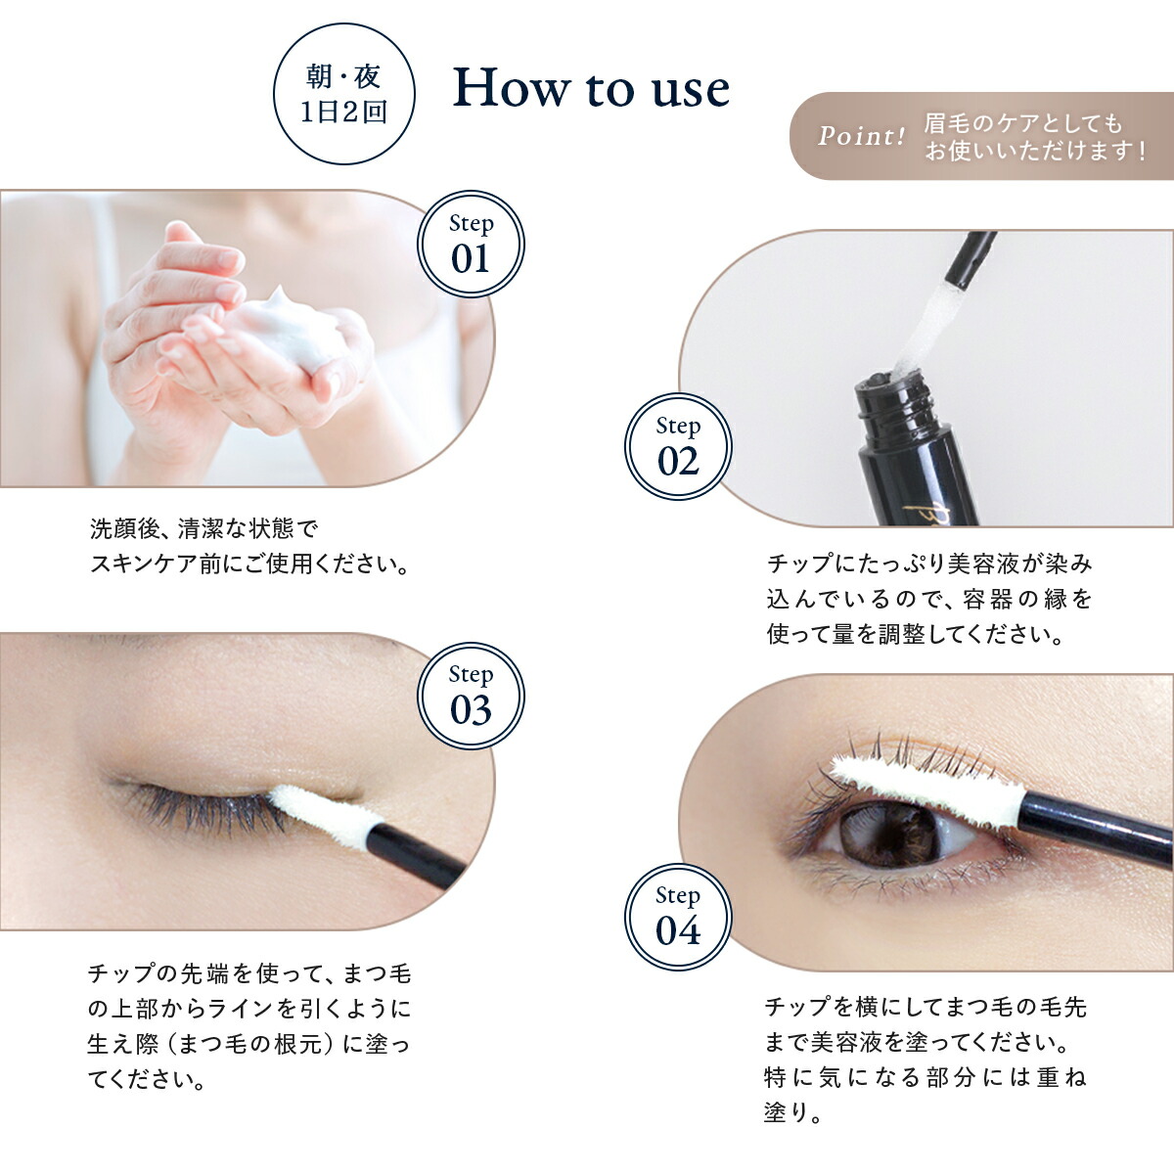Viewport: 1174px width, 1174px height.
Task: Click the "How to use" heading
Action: coord(590,89)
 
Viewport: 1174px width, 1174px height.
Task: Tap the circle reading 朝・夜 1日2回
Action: coord(344,94)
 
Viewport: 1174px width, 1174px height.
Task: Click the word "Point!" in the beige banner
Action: coord(862,136)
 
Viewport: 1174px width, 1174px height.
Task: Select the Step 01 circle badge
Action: coord(471,244)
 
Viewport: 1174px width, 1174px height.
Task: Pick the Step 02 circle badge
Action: coord(678,446)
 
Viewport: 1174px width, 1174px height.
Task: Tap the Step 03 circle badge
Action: coord(471,696)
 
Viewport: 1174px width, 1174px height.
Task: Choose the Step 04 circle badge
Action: coord(678,917)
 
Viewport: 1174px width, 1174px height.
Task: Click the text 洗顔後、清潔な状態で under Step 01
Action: coord(204,528)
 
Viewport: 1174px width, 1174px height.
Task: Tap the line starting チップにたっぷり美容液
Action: coord(929,564)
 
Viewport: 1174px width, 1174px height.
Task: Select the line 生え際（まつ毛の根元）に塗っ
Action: coord(248,1044)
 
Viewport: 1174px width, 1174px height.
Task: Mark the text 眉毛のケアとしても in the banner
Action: coord(1023,123)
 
